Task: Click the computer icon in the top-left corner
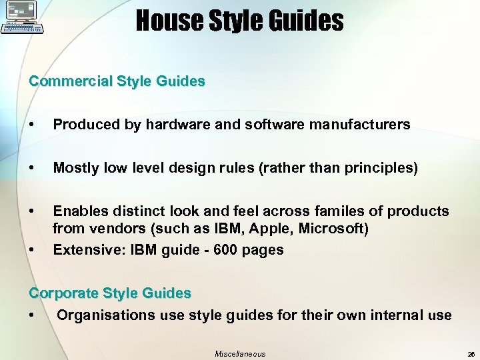(x=23, y=17)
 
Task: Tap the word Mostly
(x=76, y=168)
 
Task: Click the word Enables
(x=79, y=211)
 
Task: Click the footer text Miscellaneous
(x=240, y=354)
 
